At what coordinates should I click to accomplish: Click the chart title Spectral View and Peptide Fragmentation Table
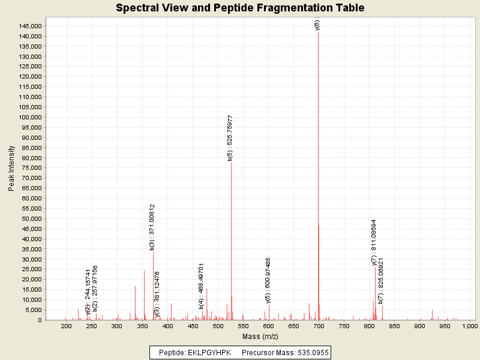pyautogui.click(x=240, y=8)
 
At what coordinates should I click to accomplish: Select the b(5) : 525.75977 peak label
pyautogui.click(x=230, y=138)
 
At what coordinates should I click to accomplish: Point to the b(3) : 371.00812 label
pyautogui.click(x=152, y=227)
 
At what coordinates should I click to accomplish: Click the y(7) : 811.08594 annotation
pyautogui.click(x=374, y=242)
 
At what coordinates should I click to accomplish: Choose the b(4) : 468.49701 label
pyautogui.click(x=202, y=286)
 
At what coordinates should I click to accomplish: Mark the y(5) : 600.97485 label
pyautogui.click(x=268, y=280)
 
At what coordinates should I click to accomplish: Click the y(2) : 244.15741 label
pyautogui.click(x=88, y=292)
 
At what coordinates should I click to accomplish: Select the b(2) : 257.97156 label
pyautogui.click(x=95, y=287)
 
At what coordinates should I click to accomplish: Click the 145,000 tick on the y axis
pyautogui.click(x=29, y=26)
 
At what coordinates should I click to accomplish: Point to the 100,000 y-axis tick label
pyautogui.click(x=29, y=118)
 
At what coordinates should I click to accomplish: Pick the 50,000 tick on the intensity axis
pyautogui.click(x=31, y=219)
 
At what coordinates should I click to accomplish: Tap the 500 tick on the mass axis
pyautogui.click(x=217, y=325)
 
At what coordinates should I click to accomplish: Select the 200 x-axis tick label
pyautogui.click(x=66, y=325)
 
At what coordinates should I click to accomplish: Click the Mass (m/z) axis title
pyautogui.click(x=260, y=336)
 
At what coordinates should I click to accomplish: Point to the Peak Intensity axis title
pyautogui.click(x=11, y=171)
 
